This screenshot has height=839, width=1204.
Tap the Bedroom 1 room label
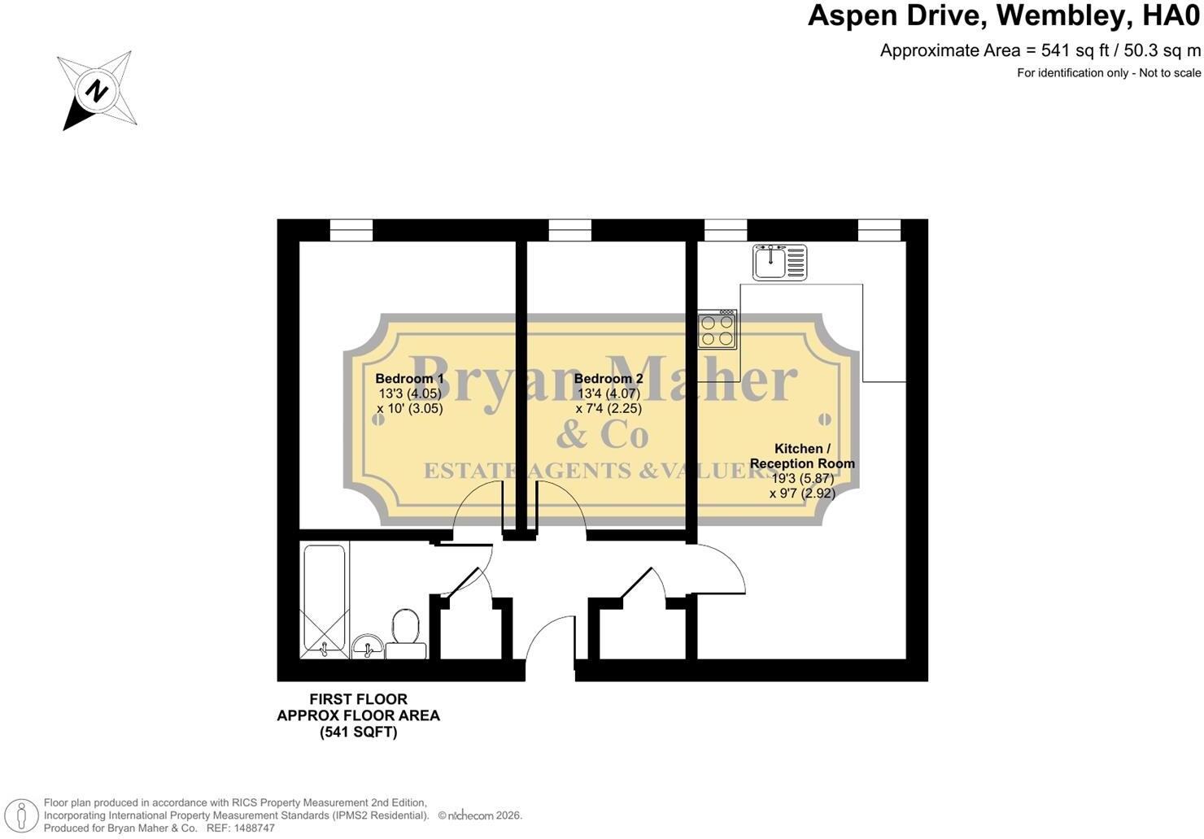[409, 379]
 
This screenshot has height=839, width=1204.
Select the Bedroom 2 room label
[609, 379]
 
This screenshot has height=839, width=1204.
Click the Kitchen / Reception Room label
[802, 456]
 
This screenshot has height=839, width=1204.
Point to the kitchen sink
[780, 262]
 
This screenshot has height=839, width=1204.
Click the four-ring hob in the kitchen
[718, 330]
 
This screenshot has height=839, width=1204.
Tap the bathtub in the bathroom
[324, 602]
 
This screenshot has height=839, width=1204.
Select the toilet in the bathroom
[406, 633]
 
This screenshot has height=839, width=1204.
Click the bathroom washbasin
[368, 646]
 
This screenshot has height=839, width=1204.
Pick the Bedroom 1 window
[351, 230]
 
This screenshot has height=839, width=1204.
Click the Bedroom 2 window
[569, 230]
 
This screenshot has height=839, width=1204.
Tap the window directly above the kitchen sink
[726, 230]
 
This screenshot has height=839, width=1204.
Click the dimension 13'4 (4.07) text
[609, 393]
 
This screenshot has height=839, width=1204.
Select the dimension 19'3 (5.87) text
[802, 478]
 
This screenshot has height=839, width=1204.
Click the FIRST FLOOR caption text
[358, 699]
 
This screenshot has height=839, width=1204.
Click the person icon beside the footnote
[21, 816]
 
